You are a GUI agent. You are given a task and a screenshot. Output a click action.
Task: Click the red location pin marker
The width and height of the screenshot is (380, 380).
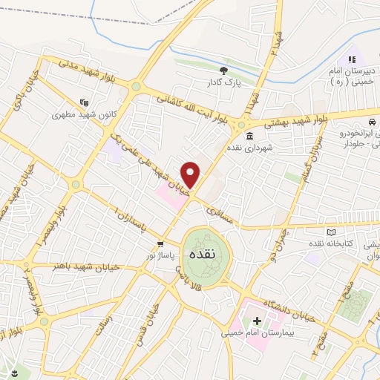click(x=191, y=174)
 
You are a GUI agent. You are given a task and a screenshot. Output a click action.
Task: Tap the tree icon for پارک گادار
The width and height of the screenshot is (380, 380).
click(x=223, y=71)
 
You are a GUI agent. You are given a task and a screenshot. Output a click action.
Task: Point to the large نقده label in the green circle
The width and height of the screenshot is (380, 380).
click(x=203, y=253)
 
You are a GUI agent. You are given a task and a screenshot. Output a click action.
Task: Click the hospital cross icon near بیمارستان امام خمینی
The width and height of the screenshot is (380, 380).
click(x=257, y=322)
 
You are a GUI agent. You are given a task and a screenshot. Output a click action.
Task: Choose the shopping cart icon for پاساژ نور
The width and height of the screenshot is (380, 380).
click(x=160, y=244)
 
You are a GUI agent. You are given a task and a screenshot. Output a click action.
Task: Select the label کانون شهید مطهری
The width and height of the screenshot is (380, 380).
click(x=76, y=116)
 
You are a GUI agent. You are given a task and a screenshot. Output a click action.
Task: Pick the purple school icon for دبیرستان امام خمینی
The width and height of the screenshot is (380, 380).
click(x=352, y=59)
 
